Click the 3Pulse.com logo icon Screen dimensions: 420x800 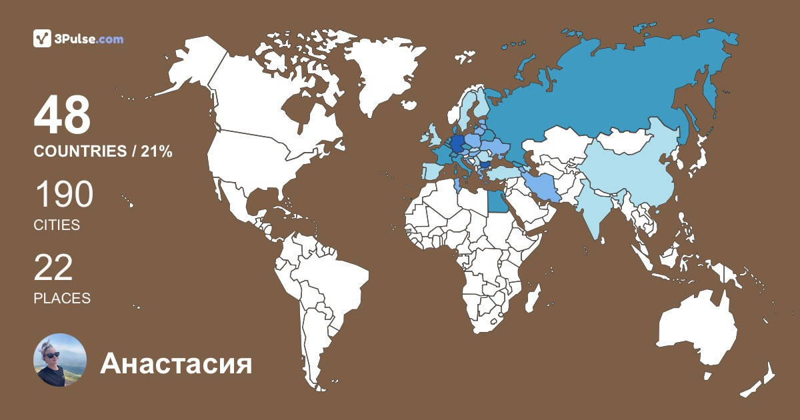pyautogui.click(x=43, y=39)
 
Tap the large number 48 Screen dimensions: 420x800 pyautogui.click(x=62, y=115)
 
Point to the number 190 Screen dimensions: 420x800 pyautogui.click(x=63, y=196)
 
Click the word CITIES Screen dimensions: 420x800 pyautogui.click(x=57, y=225)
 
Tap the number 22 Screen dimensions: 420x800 pyautogui.click(x=53, y=269)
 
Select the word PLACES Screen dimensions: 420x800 pyautogui.click(x=62, y=299)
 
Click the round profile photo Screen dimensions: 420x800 pyautogui.click(x=60, y=360)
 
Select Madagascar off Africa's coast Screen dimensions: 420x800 pyautogui.click(x=531, y=297)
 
